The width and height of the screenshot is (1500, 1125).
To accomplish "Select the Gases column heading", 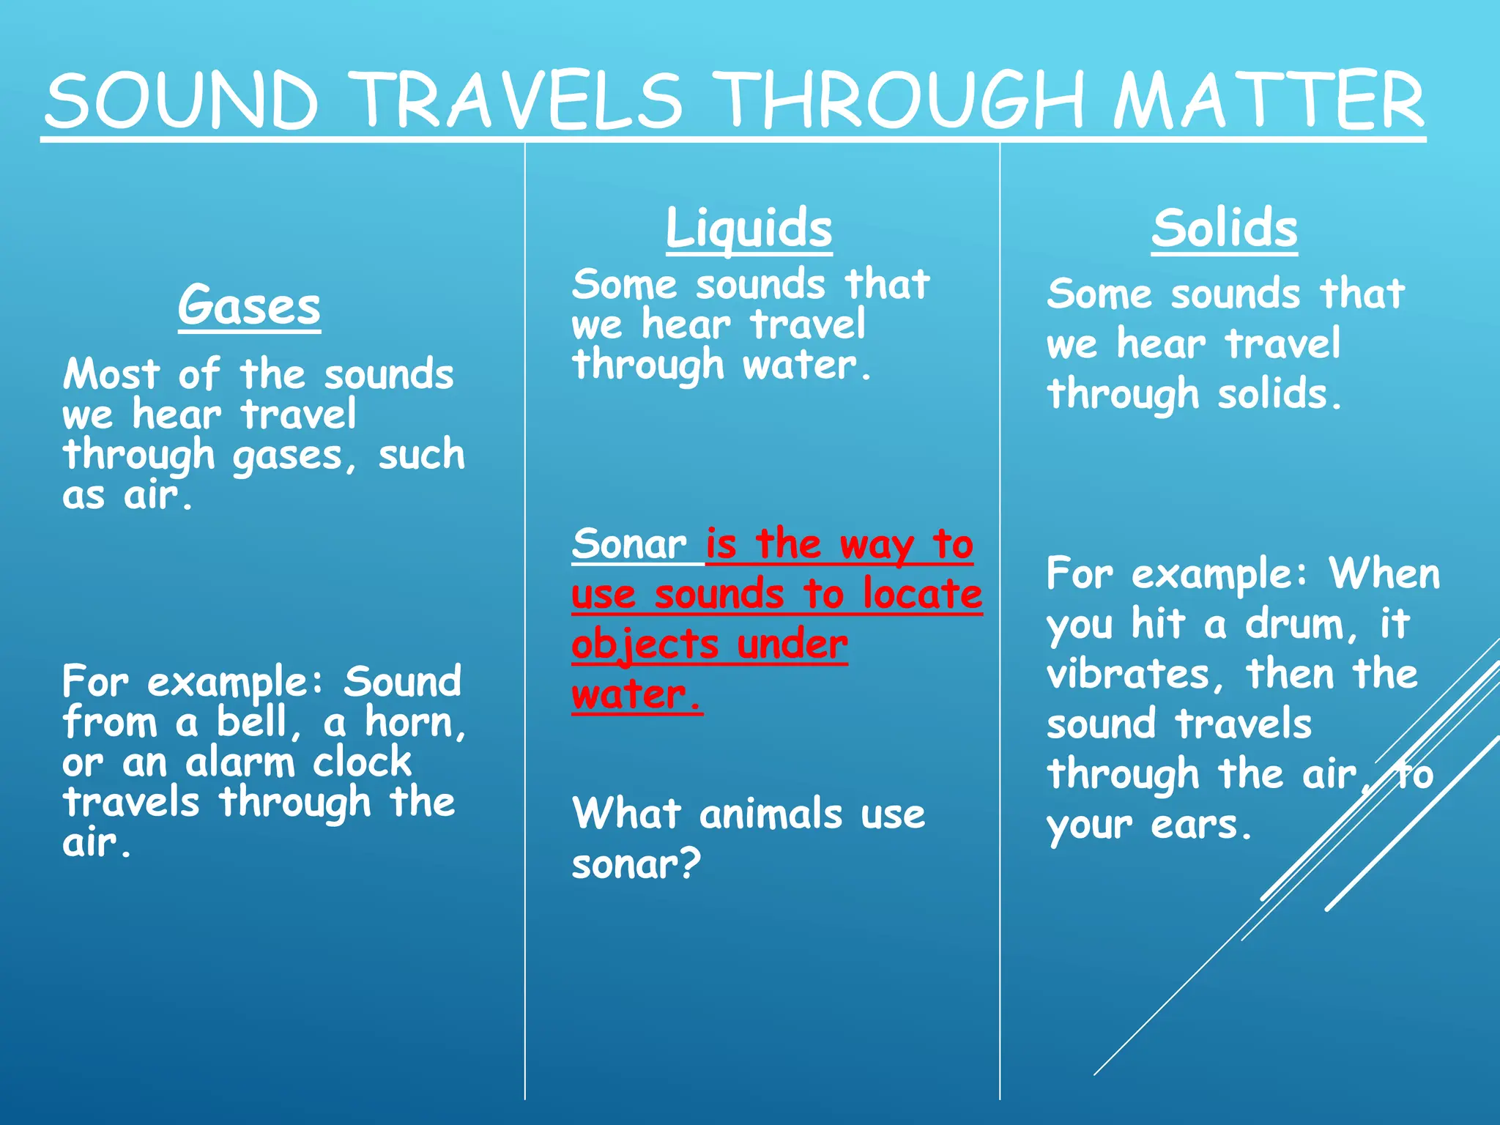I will tap(249, 305).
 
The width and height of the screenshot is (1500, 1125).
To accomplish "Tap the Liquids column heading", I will tap(749, 228).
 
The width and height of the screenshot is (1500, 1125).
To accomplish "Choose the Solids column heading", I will tap(1224, 228).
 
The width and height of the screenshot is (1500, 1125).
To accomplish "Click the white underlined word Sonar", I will tap(629, 544).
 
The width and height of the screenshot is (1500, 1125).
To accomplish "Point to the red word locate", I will tap(922, 594).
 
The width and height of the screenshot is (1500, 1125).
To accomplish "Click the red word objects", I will tap(645, 645).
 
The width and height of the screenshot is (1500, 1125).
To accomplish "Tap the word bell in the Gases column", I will tap(251, 722).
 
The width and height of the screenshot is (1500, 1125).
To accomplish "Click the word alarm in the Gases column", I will tap(240, 762).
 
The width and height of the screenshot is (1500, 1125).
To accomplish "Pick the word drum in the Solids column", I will tap(1295, 624).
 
